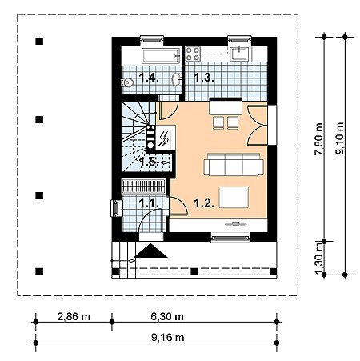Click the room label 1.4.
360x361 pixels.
click(149, 78)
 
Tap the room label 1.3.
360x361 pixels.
click(204, 78)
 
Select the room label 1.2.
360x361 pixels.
click(204, 203)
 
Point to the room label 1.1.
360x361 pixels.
click(149, 203)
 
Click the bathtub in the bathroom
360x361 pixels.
click(161, 56)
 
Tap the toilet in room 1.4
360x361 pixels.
click(128, 82)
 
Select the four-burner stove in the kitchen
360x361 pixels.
click(193, 54)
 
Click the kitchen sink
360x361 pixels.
click(240, 54)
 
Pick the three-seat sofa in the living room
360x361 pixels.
click(234, 164)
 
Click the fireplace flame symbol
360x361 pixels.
click(163, 138)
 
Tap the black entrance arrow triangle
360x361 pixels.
click(150, 251)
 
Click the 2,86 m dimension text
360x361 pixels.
click(74, 317)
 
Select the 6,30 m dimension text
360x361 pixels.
click(167, 317)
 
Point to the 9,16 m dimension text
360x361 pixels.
click(168, 338)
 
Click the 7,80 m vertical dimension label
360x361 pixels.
click(319, 138)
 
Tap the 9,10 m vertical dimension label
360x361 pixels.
click(340, 138)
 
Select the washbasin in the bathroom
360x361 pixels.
click(176, 79)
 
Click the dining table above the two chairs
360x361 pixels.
click(226, 106)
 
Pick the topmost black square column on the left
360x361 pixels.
click(39, 41)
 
